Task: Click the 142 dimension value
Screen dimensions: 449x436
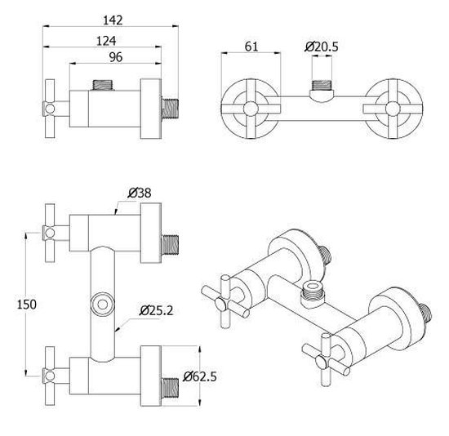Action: point(113,20)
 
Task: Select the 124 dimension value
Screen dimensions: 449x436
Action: point(106,42)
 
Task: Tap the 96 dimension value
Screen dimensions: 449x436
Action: point(116,57)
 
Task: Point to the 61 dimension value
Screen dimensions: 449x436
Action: point(251,47)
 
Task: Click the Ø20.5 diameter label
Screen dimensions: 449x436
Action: point(322,47)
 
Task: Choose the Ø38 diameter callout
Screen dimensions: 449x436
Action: point(140,193)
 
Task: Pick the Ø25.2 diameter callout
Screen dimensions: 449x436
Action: point(157,310)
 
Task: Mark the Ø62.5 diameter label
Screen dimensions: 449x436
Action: point(200,376)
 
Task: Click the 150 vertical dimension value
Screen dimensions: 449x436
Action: point(27,305)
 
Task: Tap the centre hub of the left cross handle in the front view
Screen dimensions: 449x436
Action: point(251,109)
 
